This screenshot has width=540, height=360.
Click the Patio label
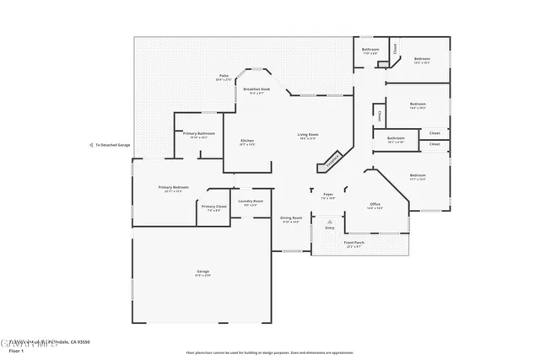click(224, 77)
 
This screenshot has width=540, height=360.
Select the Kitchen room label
click(247, 142)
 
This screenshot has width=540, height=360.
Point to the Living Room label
click(307, 136)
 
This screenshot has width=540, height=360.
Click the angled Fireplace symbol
click(333, 157)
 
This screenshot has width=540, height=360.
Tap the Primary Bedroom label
click(173, 188)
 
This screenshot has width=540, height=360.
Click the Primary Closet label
click(213, 207)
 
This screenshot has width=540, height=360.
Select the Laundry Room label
click(251, 201)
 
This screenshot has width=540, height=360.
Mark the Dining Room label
click(292, 218)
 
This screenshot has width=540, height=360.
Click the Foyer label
click(328, 196)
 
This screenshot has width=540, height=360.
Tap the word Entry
click(330, 228)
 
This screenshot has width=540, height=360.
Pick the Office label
click(375, 205)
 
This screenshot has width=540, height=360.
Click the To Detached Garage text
click(113, 145)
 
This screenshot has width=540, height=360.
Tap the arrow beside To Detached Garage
click(91, 145)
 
